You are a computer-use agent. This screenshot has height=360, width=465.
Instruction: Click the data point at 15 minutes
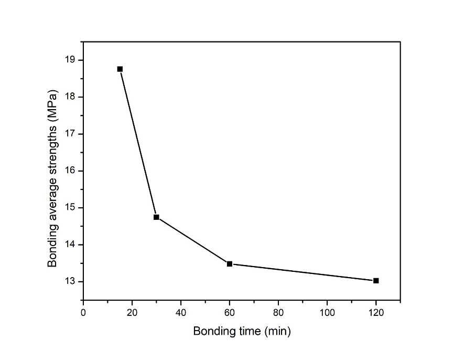120,69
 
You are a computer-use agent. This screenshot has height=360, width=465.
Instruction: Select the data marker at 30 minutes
156,217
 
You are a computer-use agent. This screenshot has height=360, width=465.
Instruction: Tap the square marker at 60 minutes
230,263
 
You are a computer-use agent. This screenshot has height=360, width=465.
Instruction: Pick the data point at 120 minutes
376,281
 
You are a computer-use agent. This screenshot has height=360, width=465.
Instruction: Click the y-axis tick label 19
70,60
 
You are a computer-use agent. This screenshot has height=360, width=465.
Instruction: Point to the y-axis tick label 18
70,97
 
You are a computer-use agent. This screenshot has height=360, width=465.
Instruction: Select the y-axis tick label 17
70,134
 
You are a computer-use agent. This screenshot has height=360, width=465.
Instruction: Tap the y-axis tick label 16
70,171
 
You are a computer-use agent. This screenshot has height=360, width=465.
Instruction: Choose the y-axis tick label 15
70,208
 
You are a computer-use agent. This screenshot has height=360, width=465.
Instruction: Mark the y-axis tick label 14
70,245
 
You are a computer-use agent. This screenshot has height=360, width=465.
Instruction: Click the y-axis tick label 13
70,282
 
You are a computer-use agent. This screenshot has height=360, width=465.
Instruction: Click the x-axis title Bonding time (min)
242,332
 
